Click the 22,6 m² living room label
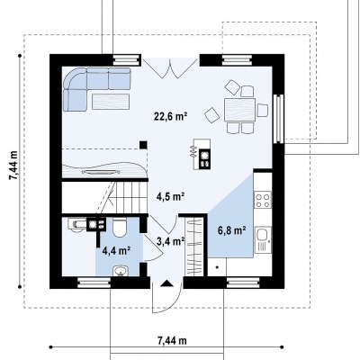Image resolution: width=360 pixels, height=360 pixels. pyautogui.click(x=171, y=116)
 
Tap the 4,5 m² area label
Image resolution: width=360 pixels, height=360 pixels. pyautogui.click(x=170, y=196)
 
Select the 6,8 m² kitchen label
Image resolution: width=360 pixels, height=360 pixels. pyautogui.click(x=231, y=230)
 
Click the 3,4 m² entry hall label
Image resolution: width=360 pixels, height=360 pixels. pyautogui.click(x=170, y=240)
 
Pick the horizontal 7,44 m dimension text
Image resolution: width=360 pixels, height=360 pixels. pyautogui.click(x=172, y=341)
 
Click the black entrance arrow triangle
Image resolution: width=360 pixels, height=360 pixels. pyautogui.click(x=166, y=283)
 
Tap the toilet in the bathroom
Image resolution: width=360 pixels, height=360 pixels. pyautogui.click(x=120, y=228)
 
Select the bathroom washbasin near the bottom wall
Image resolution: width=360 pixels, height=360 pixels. pyautogui.click(x=121, y=271)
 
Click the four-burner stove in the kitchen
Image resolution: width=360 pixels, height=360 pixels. pyautogui.click(x=263, y=200)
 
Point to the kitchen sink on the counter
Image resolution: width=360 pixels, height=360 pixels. pyautogui.click(x=263, y=239)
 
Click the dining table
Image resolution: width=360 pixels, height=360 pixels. pyautogui.click(x=239, y=110)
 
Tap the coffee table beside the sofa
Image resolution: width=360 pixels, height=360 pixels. pyautogui.click(x=111, y=102)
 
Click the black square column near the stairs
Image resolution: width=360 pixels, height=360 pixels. pyautogui.click(x=143, y=145)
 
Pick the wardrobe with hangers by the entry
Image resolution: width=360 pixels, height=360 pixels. pyautogui.click(x=194, y=247)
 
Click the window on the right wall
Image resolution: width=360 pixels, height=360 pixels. pyautogui.click(x=280, y=119)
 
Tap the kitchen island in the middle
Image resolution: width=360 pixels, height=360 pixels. pyautogui.click(x=202, y=154)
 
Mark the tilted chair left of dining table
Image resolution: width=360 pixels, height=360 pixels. pyautogui.click(x=212, y=115)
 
